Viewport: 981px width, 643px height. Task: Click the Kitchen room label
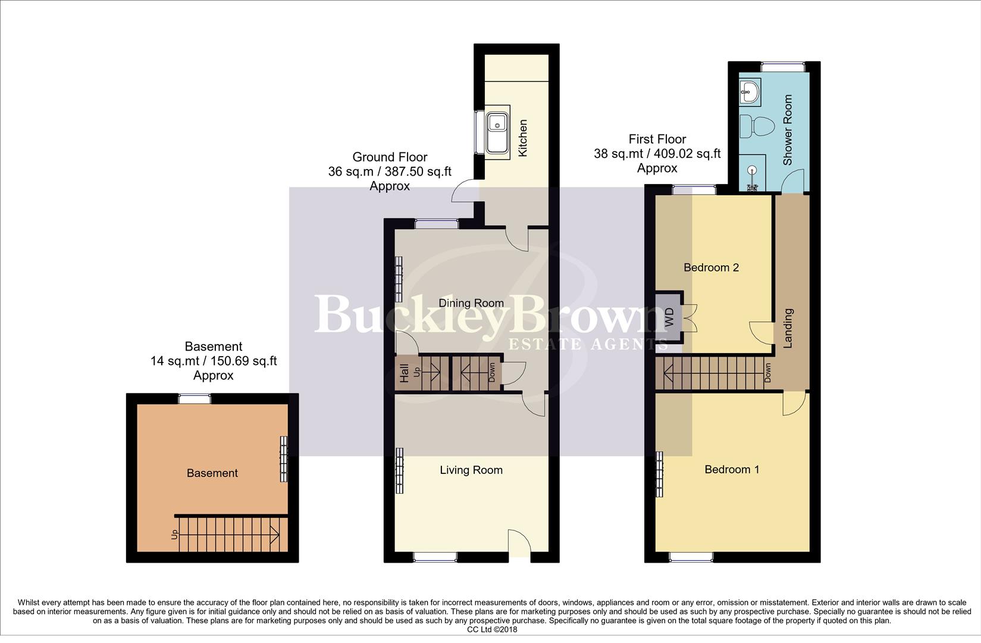pyautogui.click(x=523, y=138)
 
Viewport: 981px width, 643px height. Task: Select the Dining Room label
pyautogui.click(x=471, y=303)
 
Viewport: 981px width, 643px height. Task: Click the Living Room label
pyautogui.click(x=471, y=470)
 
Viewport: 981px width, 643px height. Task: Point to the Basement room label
pyautogui.click(x=212, y=473)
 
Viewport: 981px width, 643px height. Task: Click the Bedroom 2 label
pyautogui.click(x=711, y=267)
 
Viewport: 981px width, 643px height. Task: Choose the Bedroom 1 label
pyautogui.click(x=732, y=470)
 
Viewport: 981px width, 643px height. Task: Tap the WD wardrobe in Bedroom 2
pyautogui.click(x=669, y=316)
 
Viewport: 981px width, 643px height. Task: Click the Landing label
pyautogui.click(x=788, y=327)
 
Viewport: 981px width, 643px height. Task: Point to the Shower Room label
pyautogui.click(x=788, y=130)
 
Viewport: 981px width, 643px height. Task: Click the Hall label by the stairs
pyautogui.click(x=405, y=373)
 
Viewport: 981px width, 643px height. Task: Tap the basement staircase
pyautogui.click(x=231, y=534)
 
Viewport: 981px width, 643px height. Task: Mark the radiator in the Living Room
pyautogui.click(x=399, y=470)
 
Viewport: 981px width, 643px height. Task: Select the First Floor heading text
pyautogui.click(x=657, y=139)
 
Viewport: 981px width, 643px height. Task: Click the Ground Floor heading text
pyautogui.click(x=390, y=157)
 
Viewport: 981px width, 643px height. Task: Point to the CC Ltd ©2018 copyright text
pyautogui.click(x=492, y=629)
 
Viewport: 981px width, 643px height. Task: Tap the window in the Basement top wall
pyautogui.click(x=195, y=399)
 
